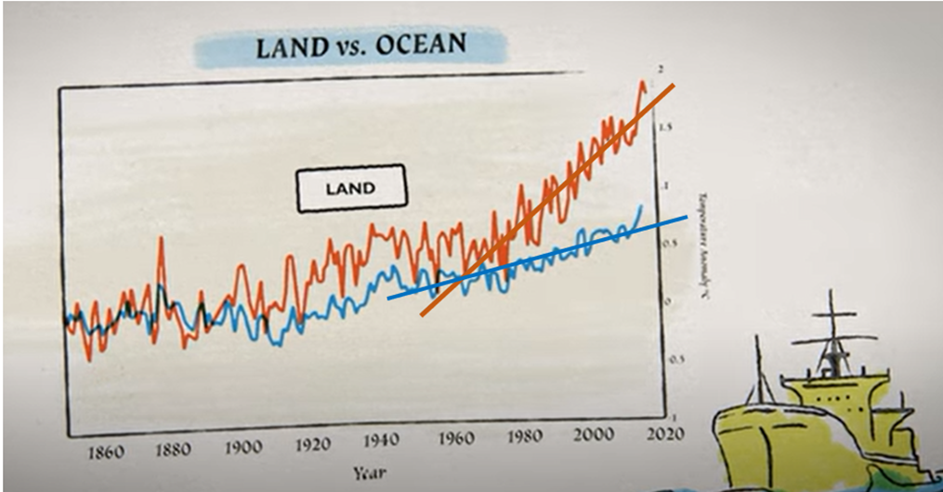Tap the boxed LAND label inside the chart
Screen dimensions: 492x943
(350, 189)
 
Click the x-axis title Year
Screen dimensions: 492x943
(370, 472)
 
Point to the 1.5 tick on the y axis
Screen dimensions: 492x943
(664, 126)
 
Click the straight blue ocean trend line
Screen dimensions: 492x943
(604, 239)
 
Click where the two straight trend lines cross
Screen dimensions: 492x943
(462, 277)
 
